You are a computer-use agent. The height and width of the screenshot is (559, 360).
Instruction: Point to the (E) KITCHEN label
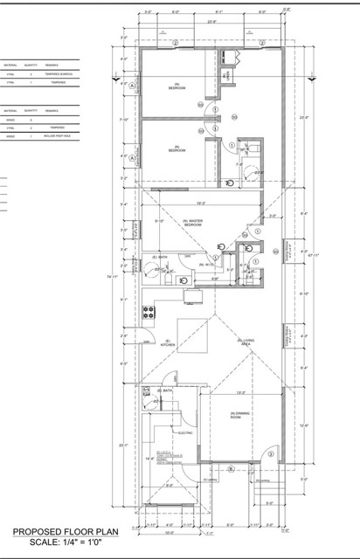(x=168, y=343)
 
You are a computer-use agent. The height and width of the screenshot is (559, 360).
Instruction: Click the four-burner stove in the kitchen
(x=149, y=312)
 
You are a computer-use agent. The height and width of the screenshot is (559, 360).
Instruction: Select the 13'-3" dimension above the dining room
(x=239, y=392)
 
